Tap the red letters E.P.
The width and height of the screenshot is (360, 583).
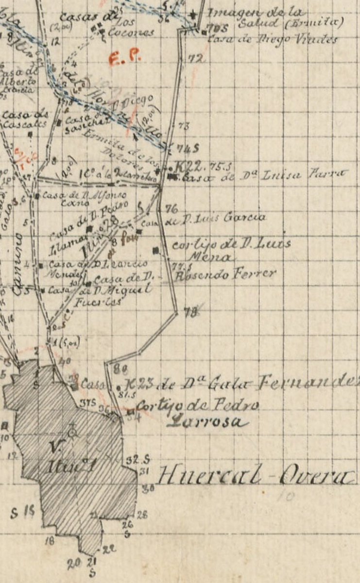point(124,59)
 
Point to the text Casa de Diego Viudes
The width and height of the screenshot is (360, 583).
point(272,39)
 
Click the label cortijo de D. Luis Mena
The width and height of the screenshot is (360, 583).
point(231,248)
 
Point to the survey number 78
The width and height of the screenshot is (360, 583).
point(191,313)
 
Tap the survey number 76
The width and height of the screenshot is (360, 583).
point(171,209)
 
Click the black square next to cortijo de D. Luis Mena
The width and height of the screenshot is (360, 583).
point(155,251)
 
